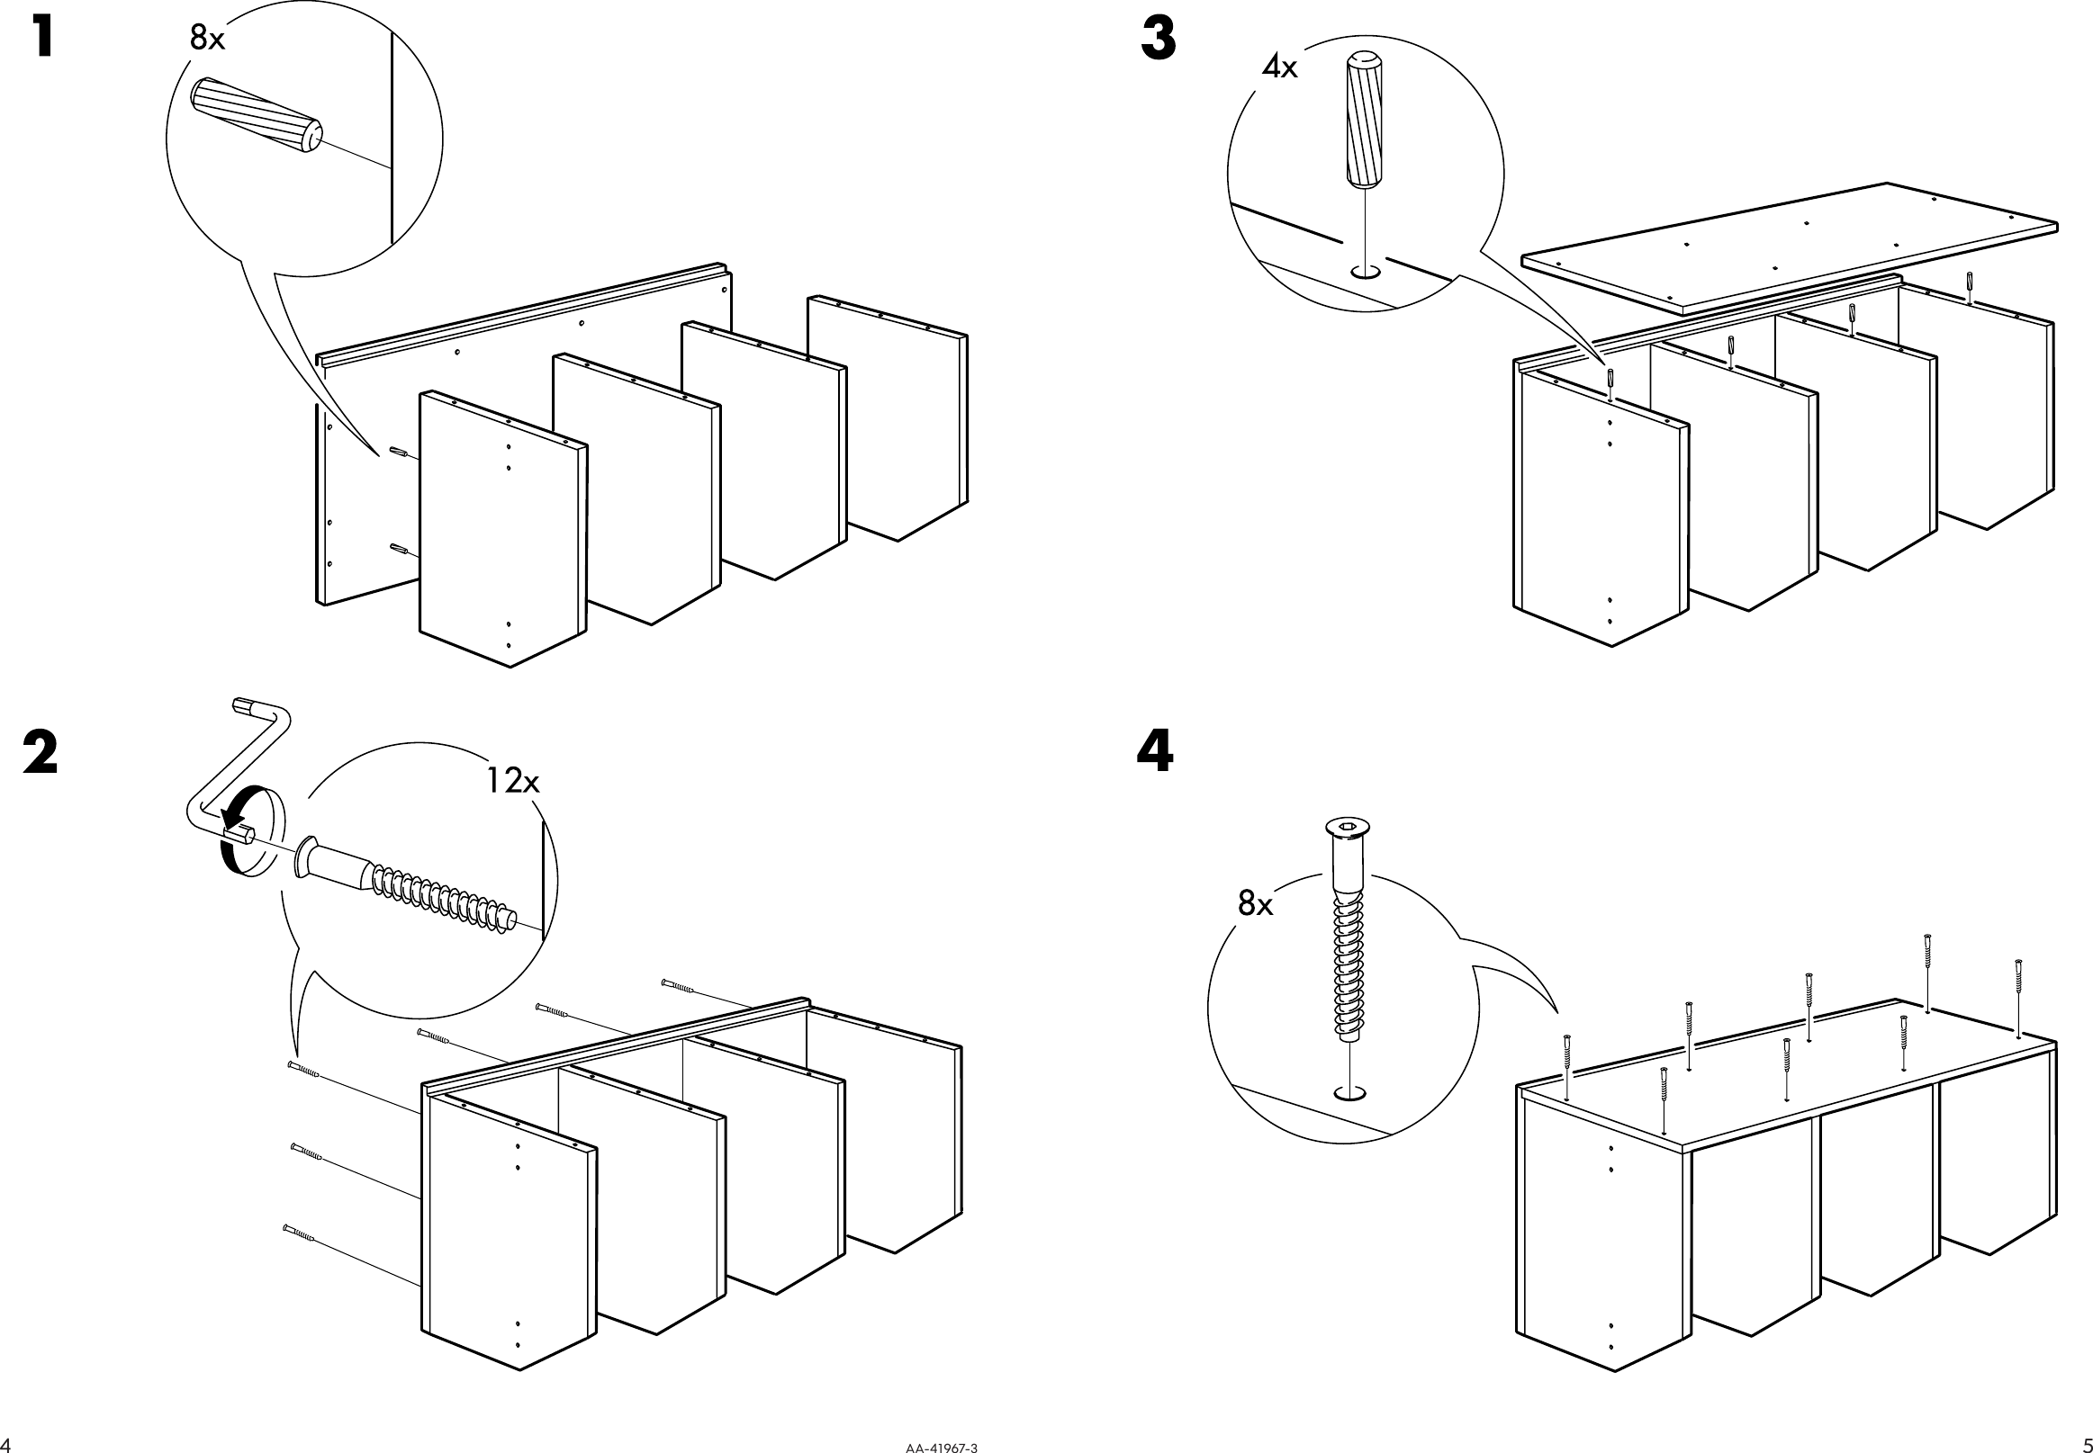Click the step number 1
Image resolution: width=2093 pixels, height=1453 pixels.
(42, 40)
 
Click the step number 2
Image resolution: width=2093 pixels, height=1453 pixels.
(41, 755)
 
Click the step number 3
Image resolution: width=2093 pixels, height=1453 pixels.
(1158, 41)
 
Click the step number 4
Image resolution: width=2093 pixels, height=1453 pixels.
(1155, 753)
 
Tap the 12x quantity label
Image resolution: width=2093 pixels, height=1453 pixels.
(512, 780)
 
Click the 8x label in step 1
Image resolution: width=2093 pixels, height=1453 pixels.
(207, 38)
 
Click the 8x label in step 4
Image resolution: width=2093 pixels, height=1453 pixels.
(1255, 903)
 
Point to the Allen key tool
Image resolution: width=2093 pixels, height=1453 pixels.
(237, 774)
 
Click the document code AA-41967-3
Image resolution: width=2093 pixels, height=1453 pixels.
(942, 1447)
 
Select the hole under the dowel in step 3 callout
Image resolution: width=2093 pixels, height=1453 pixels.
(1366, 272)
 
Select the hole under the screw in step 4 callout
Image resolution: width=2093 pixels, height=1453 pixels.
(1349, 1092)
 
